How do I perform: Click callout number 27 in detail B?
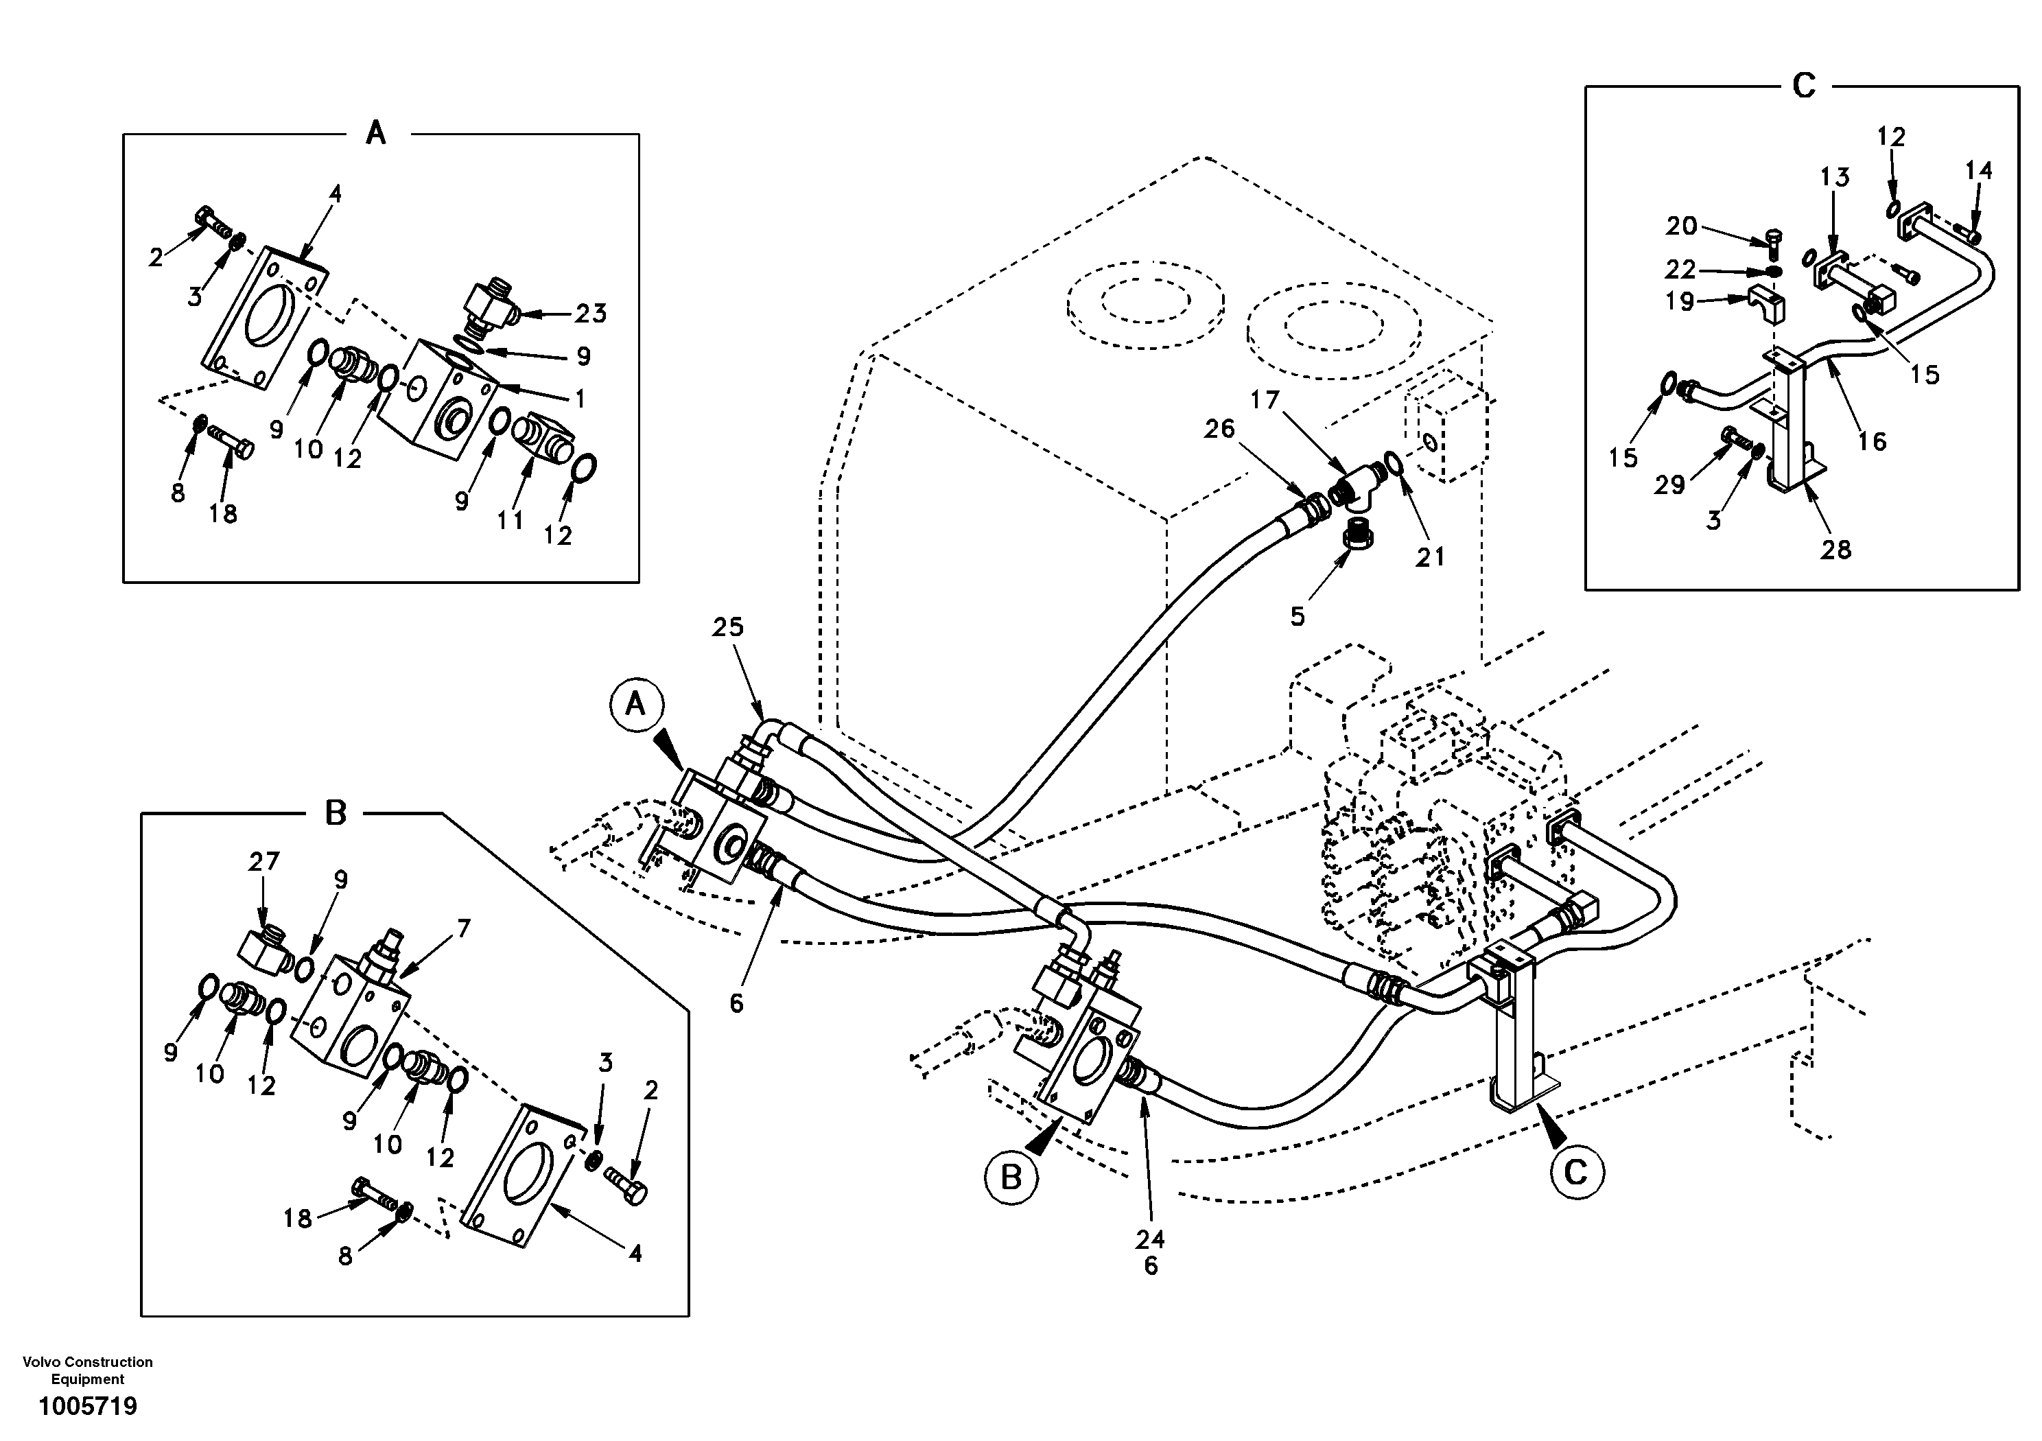264,861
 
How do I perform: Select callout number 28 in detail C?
1835,550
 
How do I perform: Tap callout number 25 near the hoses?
727,627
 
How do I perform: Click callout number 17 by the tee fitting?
1265,400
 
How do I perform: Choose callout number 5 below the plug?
1298,616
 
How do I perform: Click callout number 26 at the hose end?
1219,429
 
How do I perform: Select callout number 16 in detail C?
1872,441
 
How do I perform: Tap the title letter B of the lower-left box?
336,812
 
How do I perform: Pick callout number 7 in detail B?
463,928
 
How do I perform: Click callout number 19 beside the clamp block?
1680,301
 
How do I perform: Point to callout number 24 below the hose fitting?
1150,1238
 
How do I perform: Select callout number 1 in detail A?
580,399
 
